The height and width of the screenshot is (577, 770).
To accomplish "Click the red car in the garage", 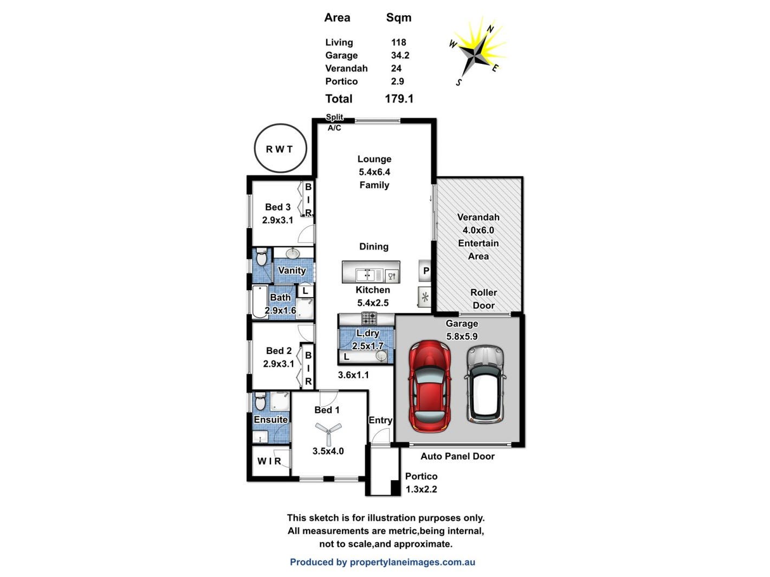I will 430,386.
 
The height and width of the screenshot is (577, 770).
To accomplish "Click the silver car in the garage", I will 485,384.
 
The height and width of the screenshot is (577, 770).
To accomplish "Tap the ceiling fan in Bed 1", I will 328,431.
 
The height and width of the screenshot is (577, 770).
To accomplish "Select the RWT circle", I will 280,148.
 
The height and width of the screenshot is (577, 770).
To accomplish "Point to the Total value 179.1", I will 399,99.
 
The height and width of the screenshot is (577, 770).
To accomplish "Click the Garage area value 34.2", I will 400,55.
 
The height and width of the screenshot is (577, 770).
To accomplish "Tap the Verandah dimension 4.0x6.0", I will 478,230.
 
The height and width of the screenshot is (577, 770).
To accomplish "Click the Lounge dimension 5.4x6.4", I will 374,172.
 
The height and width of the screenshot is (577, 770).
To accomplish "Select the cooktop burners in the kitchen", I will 370,318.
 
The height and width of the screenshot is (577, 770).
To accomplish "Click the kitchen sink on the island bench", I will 366,275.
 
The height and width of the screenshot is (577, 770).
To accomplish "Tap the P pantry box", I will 426,271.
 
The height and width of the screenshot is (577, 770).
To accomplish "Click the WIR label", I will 269,461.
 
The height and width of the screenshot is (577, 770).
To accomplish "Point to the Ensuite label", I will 270,419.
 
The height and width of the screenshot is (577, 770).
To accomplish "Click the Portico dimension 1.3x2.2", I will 421,489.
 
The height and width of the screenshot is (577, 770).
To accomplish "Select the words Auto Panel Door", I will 457,456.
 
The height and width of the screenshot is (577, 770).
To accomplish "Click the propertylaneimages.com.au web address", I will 412,562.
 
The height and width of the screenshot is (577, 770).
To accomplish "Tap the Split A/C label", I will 334,122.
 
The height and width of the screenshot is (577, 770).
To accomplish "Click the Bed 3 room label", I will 277,207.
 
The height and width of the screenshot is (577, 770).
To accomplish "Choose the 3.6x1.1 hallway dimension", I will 353,375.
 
